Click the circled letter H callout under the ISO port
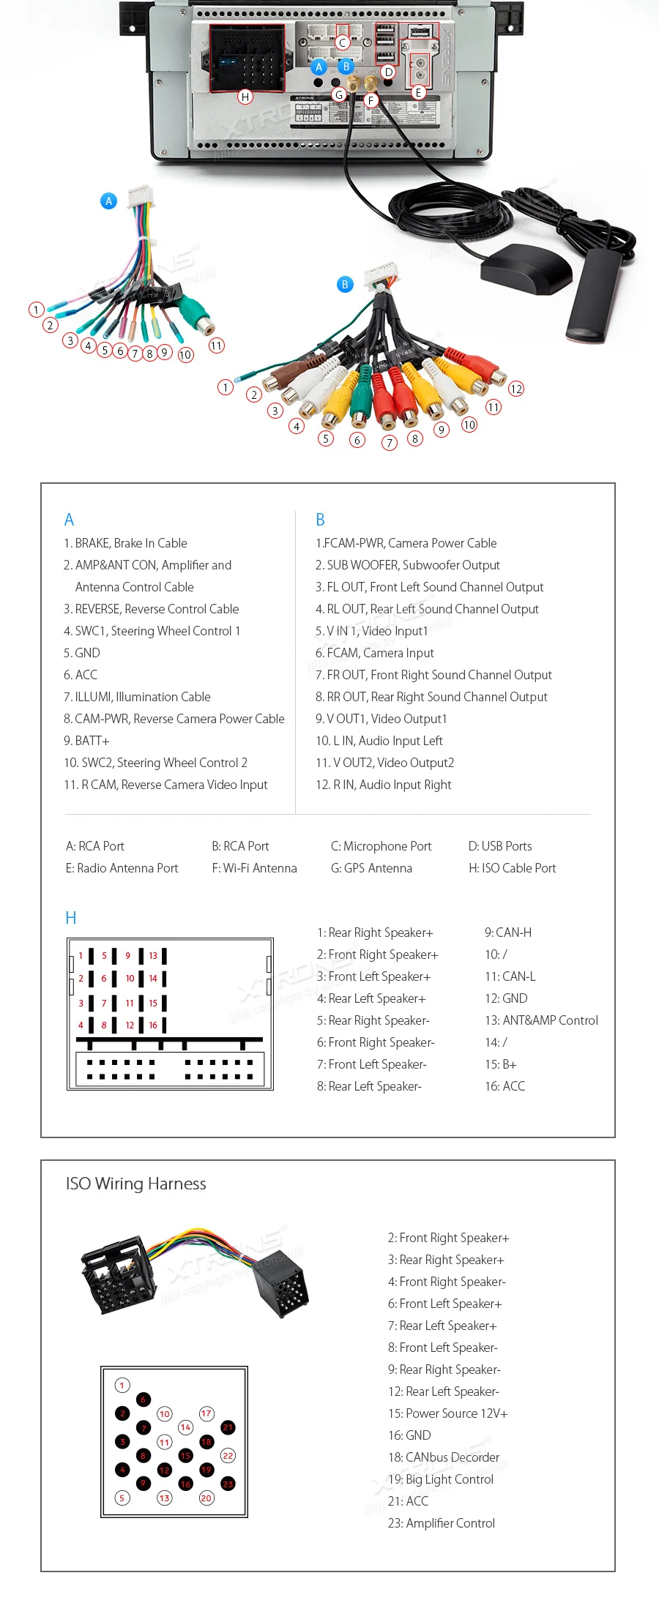(245, 97)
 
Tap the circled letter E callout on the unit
(418, 92)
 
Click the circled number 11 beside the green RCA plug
(217, 345)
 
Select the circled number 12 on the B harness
(516, 389)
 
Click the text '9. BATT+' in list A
(86, 741)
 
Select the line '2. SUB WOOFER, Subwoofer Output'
(407, 565)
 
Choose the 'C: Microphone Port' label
(381, 846)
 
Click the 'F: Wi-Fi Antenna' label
(254, 868)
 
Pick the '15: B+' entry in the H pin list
(501, 1064)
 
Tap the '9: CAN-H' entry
(508, 933)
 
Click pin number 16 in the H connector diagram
(153, 1025)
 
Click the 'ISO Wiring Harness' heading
(136, 1184)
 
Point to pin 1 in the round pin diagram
(122, 1385)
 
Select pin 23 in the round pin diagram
(228, 1484)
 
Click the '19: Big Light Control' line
(441, 1479)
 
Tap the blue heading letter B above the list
(320, 520)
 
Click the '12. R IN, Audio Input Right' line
(383, 785)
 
